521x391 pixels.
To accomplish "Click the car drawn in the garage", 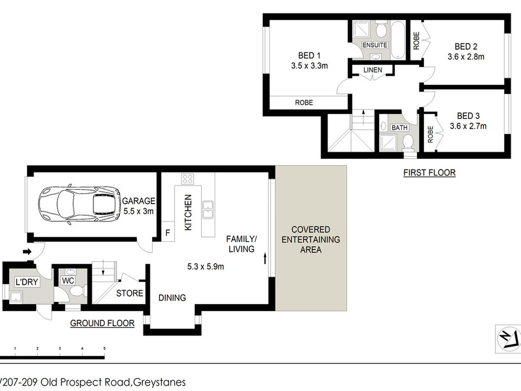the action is [x=79, y=204].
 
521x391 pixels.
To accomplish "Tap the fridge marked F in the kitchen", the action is [x=168, y=232].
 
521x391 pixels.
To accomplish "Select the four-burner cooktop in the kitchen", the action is [x=188, y=179].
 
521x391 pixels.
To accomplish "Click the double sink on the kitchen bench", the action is [x=208, y=210].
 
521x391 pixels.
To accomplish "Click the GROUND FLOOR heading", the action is [x=102, y=323].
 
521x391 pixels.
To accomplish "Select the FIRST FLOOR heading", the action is [x=429, y=172].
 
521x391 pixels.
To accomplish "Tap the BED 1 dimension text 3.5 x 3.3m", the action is [x=309, y=66].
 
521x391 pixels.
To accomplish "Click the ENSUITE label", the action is [x=375, y=45].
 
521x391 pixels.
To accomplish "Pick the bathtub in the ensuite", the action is [x=398, y=40].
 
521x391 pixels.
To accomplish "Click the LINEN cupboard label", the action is [x=373, y=70].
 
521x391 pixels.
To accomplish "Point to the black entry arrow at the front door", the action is [x=27, y=252].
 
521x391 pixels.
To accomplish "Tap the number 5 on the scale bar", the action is [x=105, y=348].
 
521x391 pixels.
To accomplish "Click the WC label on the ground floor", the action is [x=68, y=281].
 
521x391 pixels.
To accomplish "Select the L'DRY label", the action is [x=27, y=282].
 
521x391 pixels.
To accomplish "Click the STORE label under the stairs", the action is [x=129, y=293].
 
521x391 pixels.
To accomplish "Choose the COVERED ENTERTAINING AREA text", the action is [x=311, y=239].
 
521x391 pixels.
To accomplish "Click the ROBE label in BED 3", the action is [x=430, y=134].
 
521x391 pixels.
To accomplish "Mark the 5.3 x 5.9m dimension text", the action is [x=205, y=267].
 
